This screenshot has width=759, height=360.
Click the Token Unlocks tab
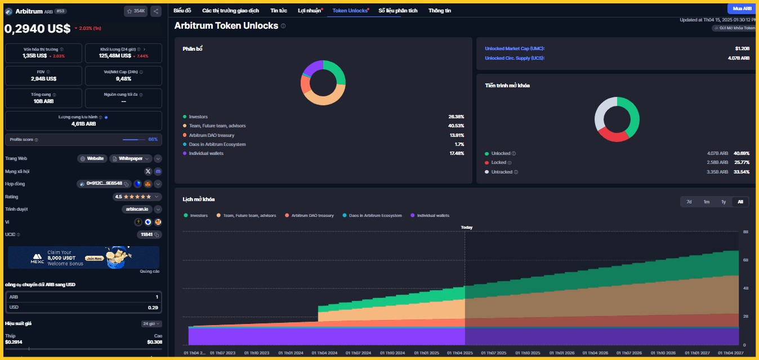(x=350, y=10)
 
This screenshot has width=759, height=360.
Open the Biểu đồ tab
(x=182, y=10)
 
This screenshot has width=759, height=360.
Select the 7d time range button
(x=689, y=202)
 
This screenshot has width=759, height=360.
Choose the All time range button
(x=740, y=202)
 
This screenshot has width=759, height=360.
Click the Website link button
(x=92, y=159)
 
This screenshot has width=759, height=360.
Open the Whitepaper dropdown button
(x=131, y=159)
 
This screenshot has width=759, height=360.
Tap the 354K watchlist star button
(x=135, y=11)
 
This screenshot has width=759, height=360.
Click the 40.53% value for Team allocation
(x=456, y=126)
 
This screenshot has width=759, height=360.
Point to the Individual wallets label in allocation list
(x=206, y=153)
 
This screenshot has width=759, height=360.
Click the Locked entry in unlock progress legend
(x=499, y=162)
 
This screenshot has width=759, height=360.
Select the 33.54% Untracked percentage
(x=742, y=172)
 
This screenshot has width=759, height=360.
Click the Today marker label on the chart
(x=466, y=228)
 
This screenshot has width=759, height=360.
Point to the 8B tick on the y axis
(x=745, y=232)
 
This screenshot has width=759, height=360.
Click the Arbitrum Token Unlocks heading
(x=226, y=26)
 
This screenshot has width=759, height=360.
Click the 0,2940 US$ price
(x=37, y=29)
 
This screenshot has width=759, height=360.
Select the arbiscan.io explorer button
(x=137, y=209)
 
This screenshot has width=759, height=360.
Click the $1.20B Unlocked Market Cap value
(x=742, y=48)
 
